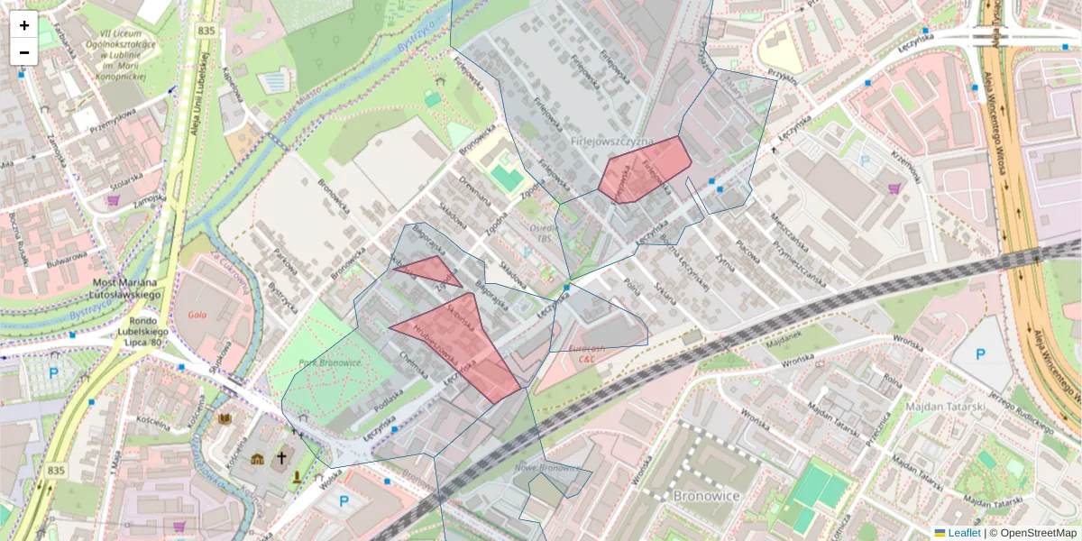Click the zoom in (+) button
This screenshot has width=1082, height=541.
24,25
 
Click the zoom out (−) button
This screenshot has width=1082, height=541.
24,52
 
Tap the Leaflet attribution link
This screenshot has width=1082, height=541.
963,533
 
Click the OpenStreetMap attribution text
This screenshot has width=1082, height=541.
1033,533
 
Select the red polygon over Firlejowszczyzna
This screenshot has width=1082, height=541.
644,170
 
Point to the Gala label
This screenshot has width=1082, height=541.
200,315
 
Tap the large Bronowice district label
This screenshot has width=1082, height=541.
707,496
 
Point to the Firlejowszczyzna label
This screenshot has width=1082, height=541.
611,142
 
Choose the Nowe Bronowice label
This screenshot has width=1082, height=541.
547,468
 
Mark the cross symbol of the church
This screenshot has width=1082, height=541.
281,458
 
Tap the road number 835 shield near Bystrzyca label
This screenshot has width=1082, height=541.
206,31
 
